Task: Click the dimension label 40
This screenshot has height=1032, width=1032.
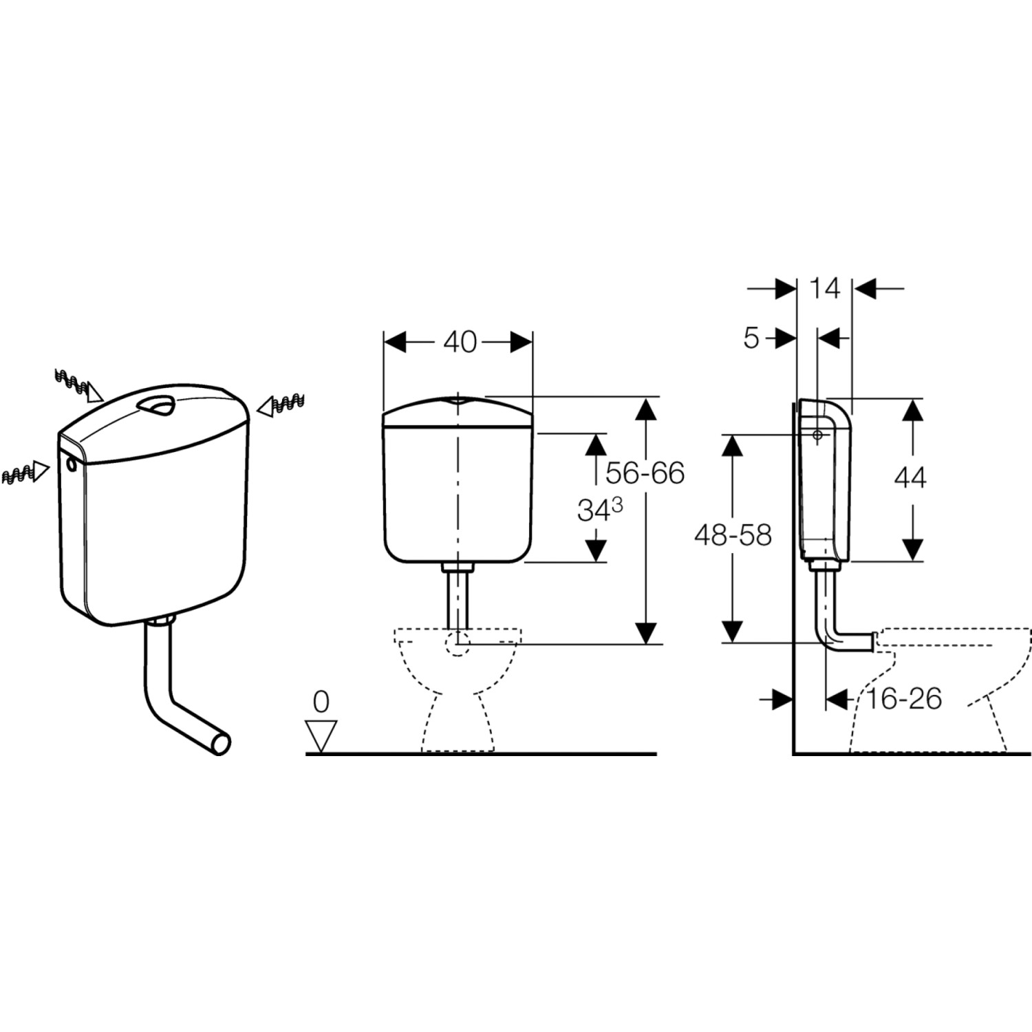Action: tap(460, 341)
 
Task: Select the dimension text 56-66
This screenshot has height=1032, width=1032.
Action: tap(645, 473)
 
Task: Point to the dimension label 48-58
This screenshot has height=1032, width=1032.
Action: tap(733, 535)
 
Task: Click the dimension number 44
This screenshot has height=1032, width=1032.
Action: tap(910, 477)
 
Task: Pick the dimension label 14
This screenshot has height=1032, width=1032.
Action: tap(824, 288)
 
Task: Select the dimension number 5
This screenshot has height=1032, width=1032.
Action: tap(751, 338)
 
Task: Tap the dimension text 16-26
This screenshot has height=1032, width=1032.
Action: tap(903, 699)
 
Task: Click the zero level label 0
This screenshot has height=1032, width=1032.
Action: tap(321, 702)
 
